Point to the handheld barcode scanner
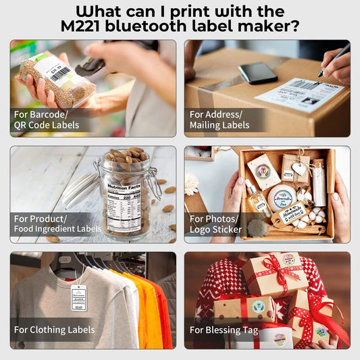coord(95,64)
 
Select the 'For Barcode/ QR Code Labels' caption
coord(46,120)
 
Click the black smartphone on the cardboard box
coord(257,73)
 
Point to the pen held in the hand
coord(334,61)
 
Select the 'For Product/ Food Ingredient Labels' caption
coord(57,224)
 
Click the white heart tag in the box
coord(299,169)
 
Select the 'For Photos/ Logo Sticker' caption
coord(215,224)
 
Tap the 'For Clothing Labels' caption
coord(54,330)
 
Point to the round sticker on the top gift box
coord(289,259)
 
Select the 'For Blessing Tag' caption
coord(215,330)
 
